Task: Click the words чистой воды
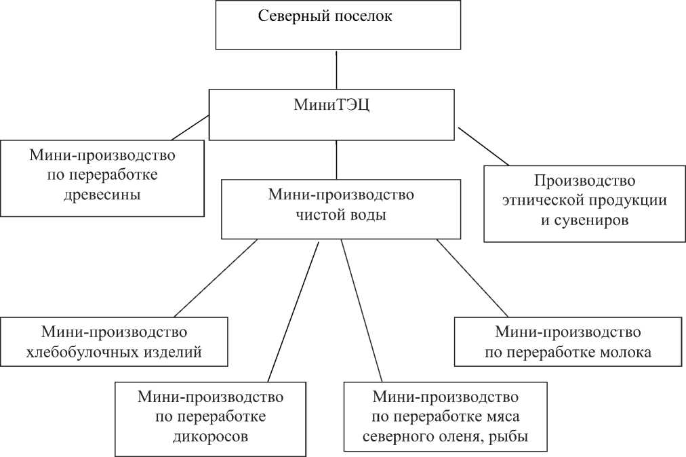coord(341,216)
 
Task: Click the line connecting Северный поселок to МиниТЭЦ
coord(336,69)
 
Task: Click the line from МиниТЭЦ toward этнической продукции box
coord(483,146)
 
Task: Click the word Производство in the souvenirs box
coord(584,181)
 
